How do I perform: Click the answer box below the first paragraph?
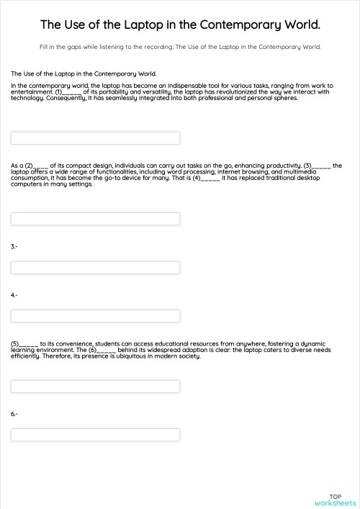pyautogui.click(x=95, y=138)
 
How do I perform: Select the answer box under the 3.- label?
pyautogui.click(x=95, y=268)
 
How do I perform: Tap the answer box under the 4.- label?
pyautogui.click(x=95, y=316)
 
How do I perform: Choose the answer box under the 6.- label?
pyautogui.click(x=95, y=435)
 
